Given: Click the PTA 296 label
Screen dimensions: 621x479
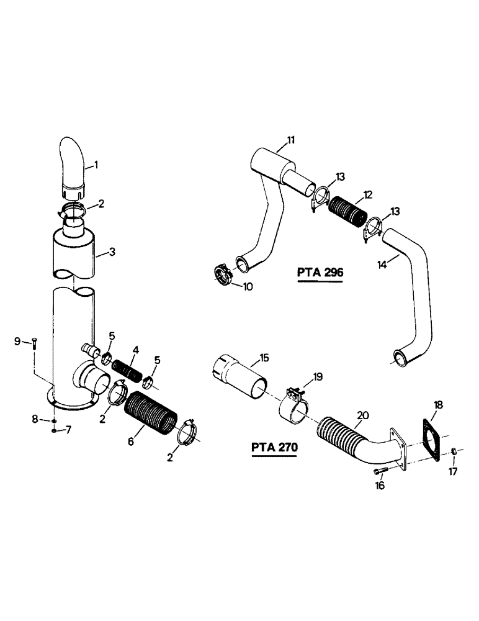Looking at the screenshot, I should click(320, 273).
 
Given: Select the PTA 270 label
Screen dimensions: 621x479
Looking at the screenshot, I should click(274, 447).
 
